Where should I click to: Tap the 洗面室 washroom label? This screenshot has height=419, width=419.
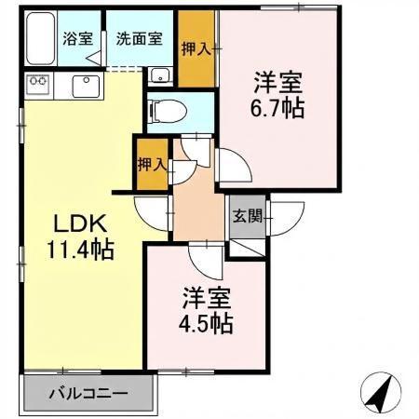[x=139, y=40]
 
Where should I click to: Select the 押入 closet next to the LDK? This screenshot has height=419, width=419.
[x=151, y=165]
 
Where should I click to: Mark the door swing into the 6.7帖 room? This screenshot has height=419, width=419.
[x=233, y=168]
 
